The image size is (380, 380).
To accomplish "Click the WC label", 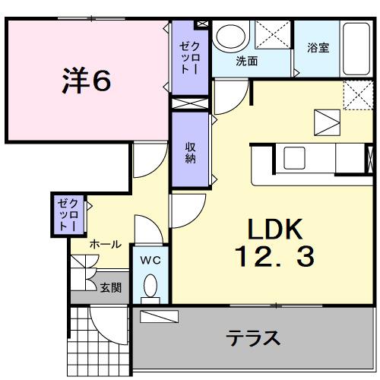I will (x=149, y=260).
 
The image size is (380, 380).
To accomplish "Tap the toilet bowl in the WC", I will (x=150, y=288).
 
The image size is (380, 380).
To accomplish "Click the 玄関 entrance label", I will (x=110, y=288).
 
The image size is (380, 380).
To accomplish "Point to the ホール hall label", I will (x=105, y=245).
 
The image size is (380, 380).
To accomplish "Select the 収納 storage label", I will (x=190, y=153).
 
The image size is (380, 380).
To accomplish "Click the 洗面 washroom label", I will (x=245, y=61).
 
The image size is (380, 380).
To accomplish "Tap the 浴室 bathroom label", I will (x=318, y=47).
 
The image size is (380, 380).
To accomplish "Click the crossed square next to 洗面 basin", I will (x=272, y=35).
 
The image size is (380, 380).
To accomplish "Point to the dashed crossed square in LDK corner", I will (x=355, y=94).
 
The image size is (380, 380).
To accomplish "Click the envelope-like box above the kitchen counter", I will (x=328, y=122).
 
